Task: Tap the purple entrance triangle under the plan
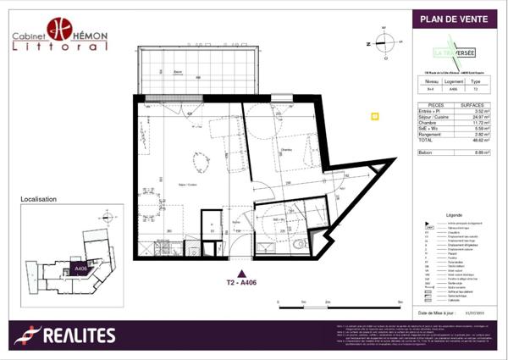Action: (243, 273)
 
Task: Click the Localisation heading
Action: (39, 199)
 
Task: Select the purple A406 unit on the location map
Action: (81, 269)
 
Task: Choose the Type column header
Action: (477, 81)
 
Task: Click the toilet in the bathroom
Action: (301, 244)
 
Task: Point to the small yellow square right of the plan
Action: (375, 117)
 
